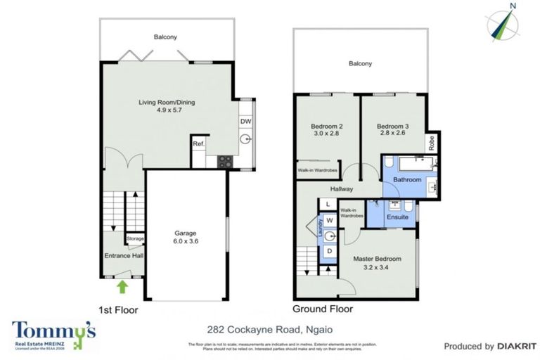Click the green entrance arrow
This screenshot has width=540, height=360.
122,286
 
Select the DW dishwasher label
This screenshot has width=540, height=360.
245,121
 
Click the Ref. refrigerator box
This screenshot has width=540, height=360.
198,145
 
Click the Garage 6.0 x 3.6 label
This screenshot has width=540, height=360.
186,237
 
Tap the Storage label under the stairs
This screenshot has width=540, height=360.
135,239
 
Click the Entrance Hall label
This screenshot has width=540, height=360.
124,255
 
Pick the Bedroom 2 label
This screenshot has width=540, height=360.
326,131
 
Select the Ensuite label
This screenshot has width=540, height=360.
397,217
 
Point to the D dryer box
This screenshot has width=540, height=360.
328,252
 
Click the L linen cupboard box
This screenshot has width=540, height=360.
328,204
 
